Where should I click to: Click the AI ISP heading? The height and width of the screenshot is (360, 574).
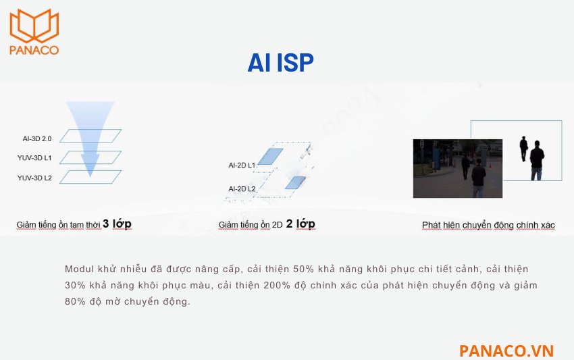(280, 63)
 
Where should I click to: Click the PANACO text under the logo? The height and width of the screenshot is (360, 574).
(34, 49)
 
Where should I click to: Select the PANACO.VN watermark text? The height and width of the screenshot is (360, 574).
(506, 351)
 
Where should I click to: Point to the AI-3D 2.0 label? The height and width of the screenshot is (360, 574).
(37, 138)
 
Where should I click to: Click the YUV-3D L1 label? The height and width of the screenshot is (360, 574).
(35, 158)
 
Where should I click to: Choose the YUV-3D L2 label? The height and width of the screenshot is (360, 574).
(35, 178)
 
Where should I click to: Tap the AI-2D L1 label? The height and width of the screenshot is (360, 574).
(242, 165)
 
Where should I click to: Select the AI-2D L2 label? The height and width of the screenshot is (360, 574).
(242, 188)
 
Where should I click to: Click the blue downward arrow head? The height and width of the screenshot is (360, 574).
(90, 162)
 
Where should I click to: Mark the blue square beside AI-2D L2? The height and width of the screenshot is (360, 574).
(295, 182)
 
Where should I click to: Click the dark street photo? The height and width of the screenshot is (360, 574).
(457, 168)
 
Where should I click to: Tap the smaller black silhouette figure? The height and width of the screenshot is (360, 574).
(523, 148)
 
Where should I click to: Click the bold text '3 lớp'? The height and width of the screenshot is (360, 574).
(117, 224)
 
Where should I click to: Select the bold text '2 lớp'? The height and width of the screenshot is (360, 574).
(301, 224)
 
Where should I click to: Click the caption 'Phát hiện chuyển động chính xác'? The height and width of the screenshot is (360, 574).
(488, 225)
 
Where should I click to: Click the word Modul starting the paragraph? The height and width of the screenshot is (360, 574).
(79, 268)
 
